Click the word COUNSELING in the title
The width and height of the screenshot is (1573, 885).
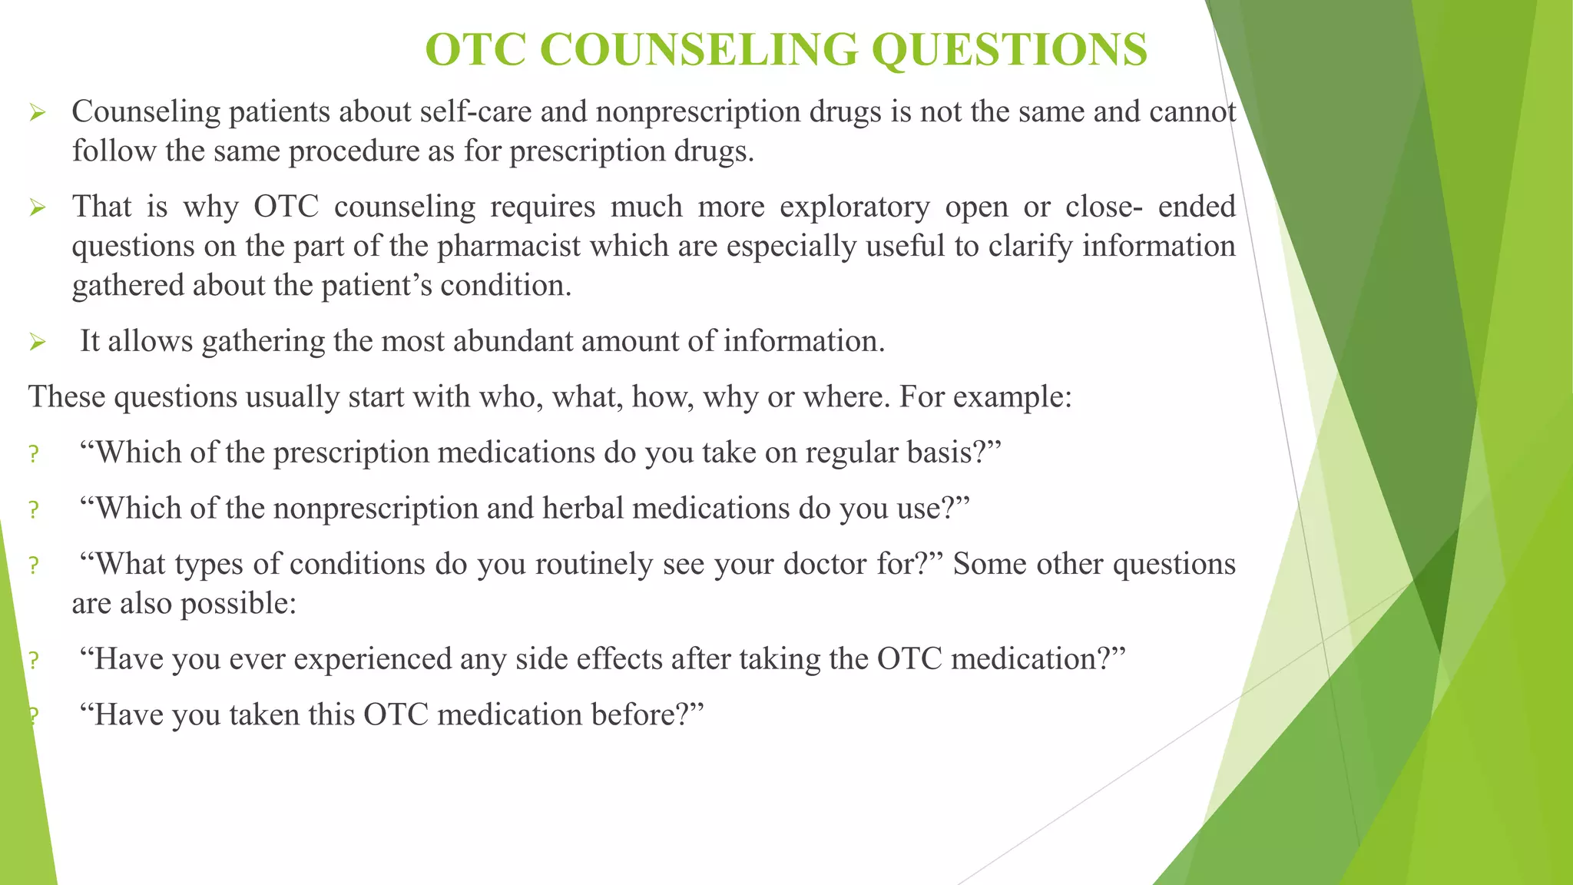(x=698, y=50)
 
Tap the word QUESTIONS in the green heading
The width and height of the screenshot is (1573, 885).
(x=1009, y=50)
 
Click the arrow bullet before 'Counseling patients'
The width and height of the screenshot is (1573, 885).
(x=38, y=114)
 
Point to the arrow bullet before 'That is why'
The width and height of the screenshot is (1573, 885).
(x=38, y=207)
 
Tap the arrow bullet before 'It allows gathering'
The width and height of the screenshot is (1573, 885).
(x=38, y=342)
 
